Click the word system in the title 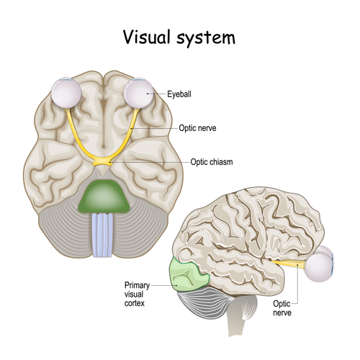coord(206,38)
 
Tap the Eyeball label coord(179,94)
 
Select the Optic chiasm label coord(212,162)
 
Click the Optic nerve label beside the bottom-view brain coord(197,128)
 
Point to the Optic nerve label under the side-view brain coord(282,308)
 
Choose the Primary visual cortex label coord(137,294)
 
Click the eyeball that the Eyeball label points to coord(139,93)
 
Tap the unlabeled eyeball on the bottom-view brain coord(66,94)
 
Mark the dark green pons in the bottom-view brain coord(104,197)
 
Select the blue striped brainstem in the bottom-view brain coord(102,235)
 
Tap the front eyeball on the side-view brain coord(320,268)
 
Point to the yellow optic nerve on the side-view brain coord(289,264)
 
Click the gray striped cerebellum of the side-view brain coord(204,305)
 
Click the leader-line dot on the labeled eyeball coord(148,94)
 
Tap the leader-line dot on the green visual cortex coord(176,285)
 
